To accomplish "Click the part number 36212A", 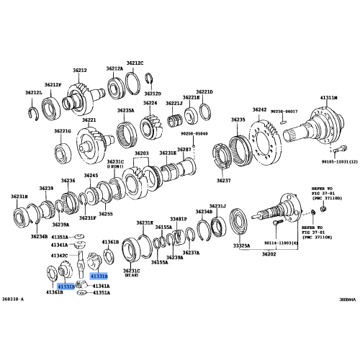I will click(115, 68).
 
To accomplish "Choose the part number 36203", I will click(142, 153).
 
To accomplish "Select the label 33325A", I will click(241, 246).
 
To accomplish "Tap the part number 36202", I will click(269, 253).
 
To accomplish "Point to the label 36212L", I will click(34, 92).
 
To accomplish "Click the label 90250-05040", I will click(193, 134).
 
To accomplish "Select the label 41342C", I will click(78, 255).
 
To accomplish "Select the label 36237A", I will click(191, 253).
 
